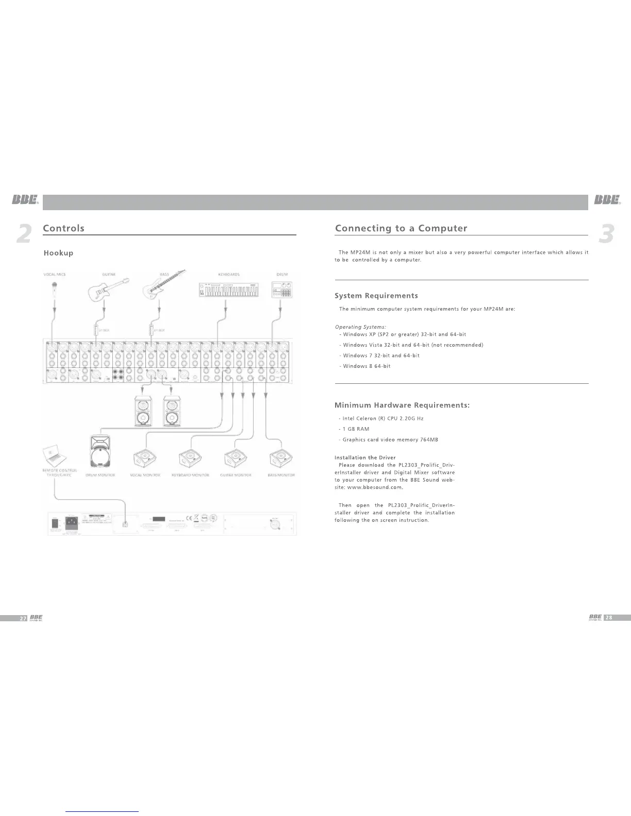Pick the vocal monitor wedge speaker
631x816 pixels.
click(x=145, y=458)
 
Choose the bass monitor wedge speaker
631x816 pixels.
click(x=281, y=458)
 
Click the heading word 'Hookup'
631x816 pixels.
click(x=58, y=253)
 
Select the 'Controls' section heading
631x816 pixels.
click(x=63, y=228)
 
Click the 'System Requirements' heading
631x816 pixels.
click(x=376, y=296)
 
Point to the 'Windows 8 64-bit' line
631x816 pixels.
click(x=367, y=366)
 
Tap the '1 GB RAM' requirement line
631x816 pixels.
click(x=356, y=429)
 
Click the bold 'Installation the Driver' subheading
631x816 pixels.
click(x=365, y=457)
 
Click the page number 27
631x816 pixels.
click(x=23, y=618)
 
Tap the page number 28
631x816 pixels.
click(x=609, y=618)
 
